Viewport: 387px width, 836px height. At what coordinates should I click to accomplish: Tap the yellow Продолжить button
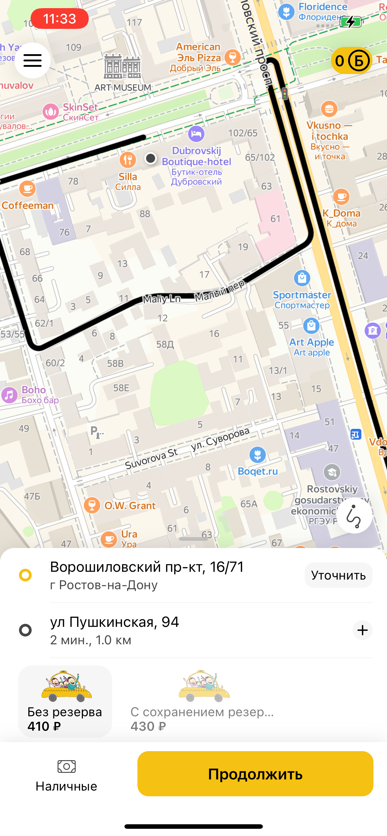tap(255, 774)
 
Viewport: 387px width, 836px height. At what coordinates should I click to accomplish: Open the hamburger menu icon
tap(33, 60)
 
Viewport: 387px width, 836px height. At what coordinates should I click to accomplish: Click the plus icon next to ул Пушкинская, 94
tap(362, 630)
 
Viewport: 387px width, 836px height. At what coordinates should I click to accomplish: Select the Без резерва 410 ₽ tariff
tap(65, 701)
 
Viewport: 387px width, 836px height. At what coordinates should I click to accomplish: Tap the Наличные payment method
tap(66, 776)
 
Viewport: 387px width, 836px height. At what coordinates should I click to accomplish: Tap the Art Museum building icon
tap(122, 67)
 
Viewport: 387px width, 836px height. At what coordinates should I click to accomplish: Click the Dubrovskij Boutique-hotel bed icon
tap(196, 134)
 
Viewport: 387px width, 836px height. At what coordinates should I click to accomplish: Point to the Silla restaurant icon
tap(128, 160)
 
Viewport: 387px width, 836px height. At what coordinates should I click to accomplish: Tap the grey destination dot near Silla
tap(150, 158)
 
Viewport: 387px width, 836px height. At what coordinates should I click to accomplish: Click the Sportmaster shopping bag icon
tap(302, 278)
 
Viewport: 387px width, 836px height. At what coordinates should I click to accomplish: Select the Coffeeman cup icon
tap(27, 189)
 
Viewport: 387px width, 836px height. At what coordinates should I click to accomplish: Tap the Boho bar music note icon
tap(9, 395)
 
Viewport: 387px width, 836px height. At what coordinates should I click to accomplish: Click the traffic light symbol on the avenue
tap(285, 94)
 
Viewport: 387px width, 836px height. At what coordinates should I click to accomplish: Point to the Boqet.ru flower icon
tap(257, 455)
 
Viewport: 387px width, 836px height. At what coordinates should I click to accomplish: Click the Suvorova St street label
tap(151, 458)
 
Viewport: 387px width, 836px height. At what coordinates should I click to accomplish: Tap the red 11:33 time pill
tap(59, 19)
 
